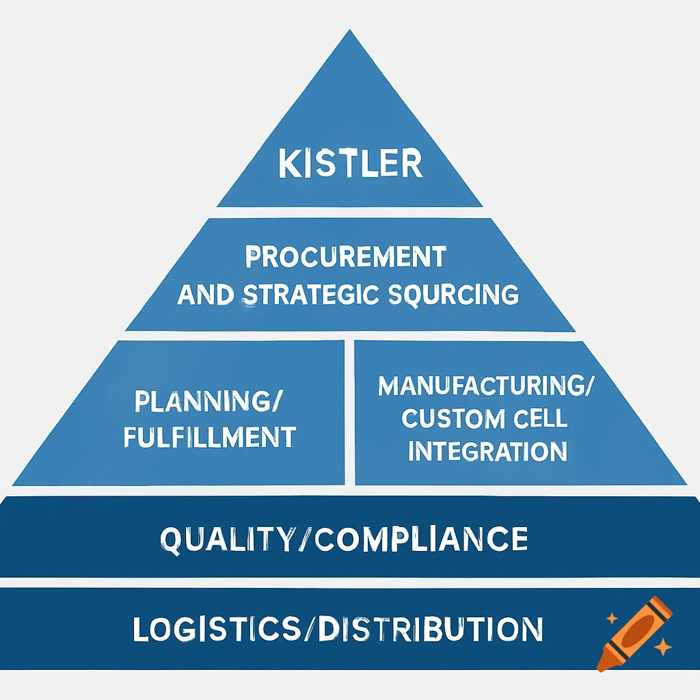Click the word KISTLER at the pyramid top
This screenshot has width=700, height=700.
click(x=350, y=165)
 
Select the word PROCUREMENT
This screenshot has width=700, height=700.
click(x=345, y=258)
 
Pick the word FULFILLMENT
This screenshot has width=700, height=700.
click(x=209, y=436)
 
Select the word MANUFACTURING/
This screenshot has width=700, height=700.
click(x=486, y=386)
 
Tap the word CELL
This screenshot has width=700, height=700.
click(x=539, y=418)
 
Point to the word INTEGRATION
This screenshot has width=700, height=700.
click(x=486, y=451)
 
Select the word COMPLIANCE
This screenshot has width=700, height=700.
click(x=422, y=539)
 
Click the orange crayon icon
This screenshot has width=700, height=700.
click(x=633, y=633)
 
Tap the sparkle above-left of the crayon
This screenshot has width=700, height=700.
click(x=612, y=619)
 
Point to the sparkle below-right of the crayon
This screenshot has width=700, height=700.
click(x=662, y=647)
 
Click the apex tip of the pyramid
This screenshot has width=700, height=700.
click(x=350, y=31)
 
